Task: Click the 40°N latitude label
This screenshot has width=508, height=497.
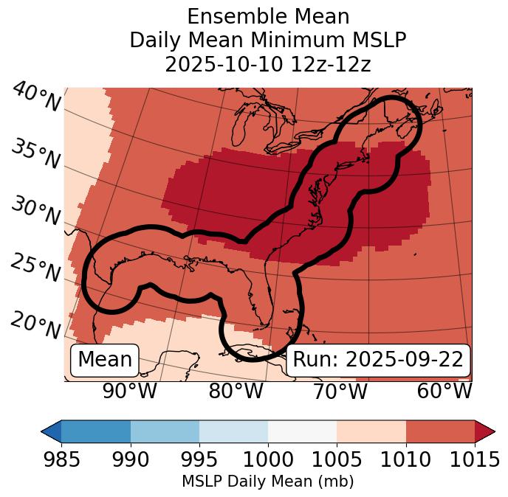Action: point(35,97)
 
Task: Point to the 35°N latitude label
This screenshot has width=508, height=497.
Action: point(35,153)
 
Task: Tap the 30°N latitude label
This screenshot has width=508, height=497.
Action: point(35,212)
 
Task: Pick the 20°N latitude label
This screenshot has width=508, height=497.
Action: point(35,324)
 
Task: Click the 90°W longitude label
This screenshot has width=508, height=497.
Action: point(129,392)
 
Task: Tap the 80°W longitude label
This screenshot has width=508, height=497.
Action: point(236,392)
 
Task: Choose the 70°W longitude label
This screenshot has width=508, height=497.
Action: point(340,392)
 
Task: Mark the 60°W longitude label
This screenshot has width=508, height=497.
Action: point(444,392)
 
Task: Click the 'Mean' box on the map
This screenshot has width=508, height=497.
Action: point(105,360)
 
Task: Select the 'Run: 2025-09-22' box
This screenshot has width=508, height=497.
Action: point(378,360)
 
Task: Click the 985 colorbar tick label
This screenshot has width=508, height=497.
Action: point(61,459)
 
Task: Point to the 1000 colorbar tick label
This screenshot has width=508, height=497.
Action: point(268,459)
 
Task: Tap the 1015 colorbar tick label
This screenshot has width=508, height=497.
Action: point(475,459)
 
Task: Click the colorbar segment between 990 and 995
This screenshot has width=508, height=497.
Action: point(165,431)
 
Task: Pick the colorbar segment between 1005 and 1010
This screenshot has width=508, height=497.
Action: point(371,431)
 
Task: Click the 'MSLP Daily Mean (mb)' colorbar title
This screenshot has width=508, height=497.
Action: point(267,482)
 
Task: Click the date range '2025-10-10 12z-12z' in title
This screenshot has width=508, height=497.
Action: point(268,64)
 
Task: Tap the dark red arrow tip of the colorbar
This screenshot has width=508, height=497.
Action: point(485,431)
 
